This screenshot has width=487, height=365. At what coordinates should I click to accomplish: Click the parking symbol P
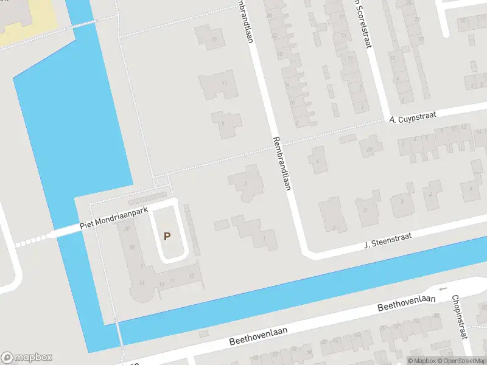167,236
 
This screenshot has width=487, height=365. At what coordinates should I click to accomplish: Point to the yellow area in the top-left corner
24,24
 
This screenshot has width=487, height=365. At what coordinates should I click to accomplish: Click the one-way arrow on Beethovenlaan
443,289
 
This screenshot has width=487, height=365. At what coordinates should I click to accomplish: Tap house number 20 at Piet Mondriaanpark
127,229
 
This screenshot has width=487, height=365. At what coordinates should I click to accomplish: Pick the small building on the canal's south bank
203,334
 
